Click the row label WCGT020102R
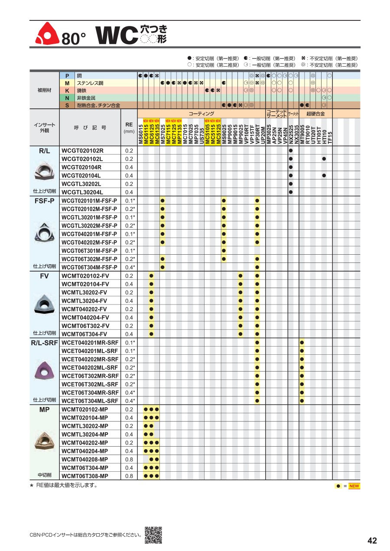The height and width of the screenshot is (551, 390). pyautogui.click(x=82, y=151)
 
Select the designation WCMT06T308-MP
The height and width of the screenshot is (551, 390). pyautogui.click(x=85, y=476)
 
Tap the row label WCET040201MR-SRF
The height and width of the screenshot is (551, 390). pyautogui.click(x=90, y=343)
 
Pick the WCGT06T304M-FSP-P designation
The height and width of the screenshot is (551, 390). pyautogui.click(x=89, y=267)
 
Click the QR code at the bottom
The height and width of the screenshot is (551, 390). pyautogui.click(x=153, y=535)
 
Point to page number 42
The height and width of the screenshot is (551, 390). pyautogui.click(x=372, y=541)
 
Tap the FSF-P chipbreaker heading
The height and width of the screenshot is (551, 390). pyautogui.click(x=45, y=201)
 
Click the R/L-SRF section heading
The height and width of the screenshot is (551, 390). pyautogui.click(x=45, y=343)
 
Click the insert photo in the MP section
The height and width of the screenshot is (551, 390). pyautogui.click(x=44, y=441)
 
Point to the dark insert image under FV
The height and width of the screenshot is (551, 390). pyautogui.click(x=44, y=304)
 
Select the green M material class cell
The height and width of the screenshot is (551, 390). pyautogui.click(x=67, y=83)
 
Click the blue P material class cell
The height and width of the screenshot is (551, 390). pyautogui.click(x=67, y=75)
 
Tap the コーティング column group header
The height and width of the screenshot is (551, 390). pyautogui.click(x=201, y=113)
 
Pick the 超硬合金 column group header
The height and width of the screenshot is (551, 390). pyautogui.click(x=315, y=113)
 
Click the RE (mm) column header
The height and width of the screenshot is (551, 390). pyautogui.click(x=129, y=127)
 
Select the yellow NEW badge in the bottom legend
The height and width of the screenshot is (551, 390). pyautogui.click(x=354, y=486)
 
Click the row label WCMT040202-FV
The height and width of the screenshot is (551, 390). pyautogui.click(x=85, y=309)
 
